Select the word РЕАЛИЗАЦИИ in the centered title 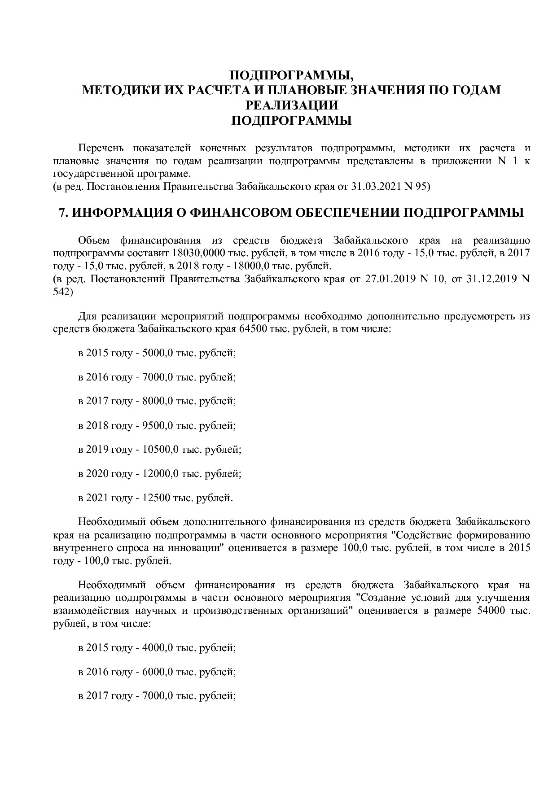click(291, 105)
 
